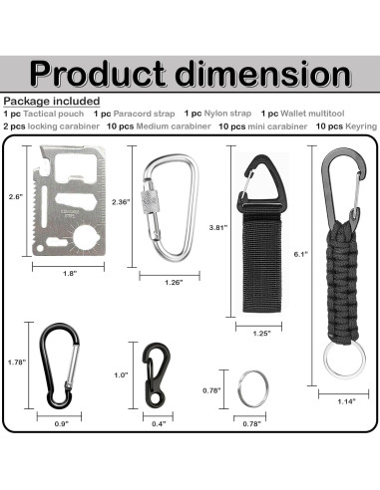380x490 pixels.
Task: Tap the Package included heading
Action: [51, 102]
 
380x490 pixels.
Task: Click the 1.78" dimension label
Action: [14, 363]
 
